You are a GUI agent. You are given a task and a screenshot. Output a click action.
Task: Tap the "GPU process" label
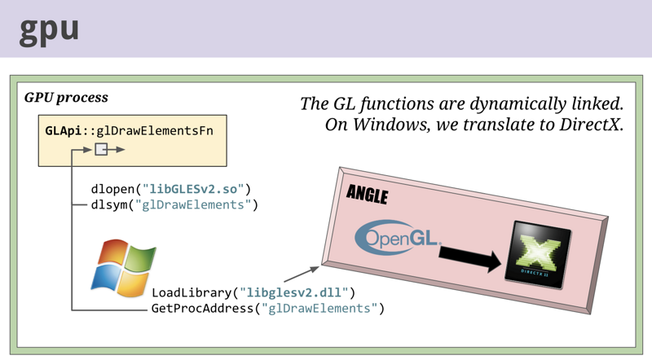66,98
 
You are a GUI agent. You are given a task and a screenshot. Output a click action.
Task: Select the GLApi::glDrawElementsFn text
130,130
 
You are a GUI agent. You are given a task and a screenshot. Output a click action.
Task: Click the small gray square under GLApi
101,149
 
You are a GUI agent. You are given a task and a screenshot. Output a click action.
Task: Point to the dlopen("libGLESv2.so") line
171,189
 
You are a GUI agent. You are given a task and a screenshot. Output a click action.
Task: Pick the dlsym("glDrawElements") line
174,204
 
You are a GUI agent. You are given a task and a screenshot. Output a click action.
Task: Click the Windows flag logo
123,268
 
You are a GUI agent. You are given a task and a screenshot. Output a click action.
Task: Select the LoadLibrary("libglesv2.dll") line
253,292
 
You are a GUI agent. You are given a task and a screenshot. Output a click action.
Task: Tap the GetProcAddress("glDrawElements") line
267,308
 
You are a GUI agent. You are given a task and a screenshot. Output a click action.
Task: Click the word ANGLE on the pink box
367,194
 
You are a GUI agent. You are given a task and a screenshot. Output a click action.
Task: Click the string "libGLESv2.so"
192,189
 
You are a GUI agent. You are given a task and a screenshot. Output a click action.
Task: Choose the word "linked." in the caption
597,103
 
